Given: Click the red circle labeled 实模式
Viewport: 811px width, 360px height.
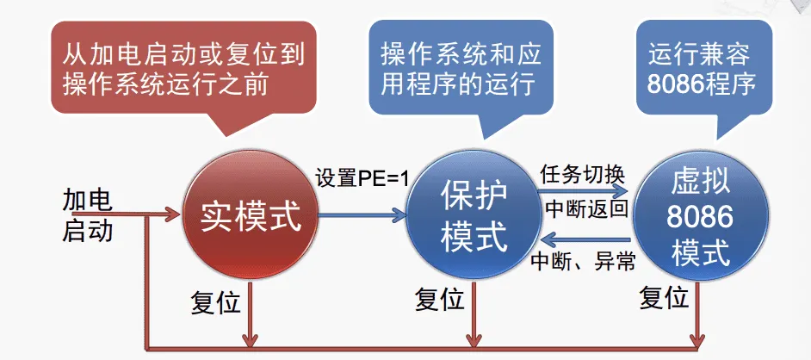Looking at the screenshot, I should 251,216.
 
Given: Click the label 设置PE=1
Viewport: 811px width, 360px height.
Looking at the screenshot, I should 362,177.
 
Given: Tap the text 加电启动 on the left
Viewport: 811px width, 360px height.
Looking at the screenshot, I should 88,216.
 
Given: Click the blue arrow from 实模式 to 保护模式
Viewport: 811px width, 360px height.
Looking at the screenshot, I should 362,214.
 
